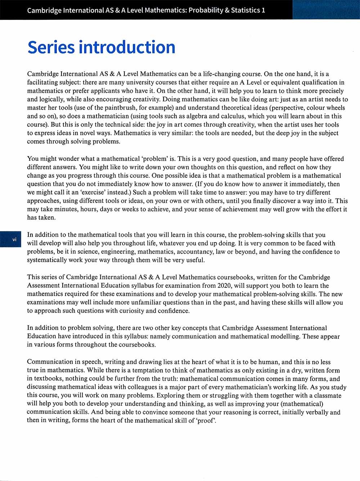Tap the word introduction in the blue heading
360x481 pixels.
(127, 47)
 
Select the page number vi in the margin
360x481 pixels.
(14, 239)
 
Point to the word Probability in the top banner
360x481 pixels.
(206, 10)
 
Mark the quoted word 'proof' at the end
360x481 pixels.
(206, 421)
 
